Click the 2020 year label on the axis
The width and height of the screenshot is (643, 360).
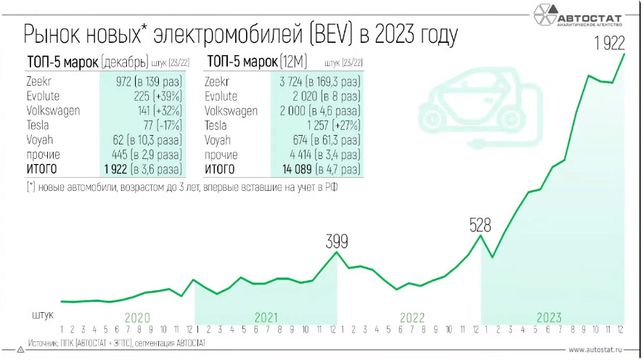click(138, 317)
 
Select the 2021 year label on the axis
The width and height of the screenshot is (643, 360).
click(267, 317)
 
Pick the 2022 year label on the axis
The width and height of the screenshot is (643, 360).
click(411, 317)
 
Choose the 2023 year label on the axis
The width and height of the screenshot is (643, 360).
click(549, 317)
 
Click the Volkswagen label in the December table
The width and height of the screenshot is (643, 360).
click(53, 111)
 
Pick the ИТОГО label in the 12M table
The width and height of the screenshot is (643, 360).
click(220, 170)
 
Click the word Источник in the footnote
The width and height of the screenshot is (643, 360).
click(43, 341)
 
